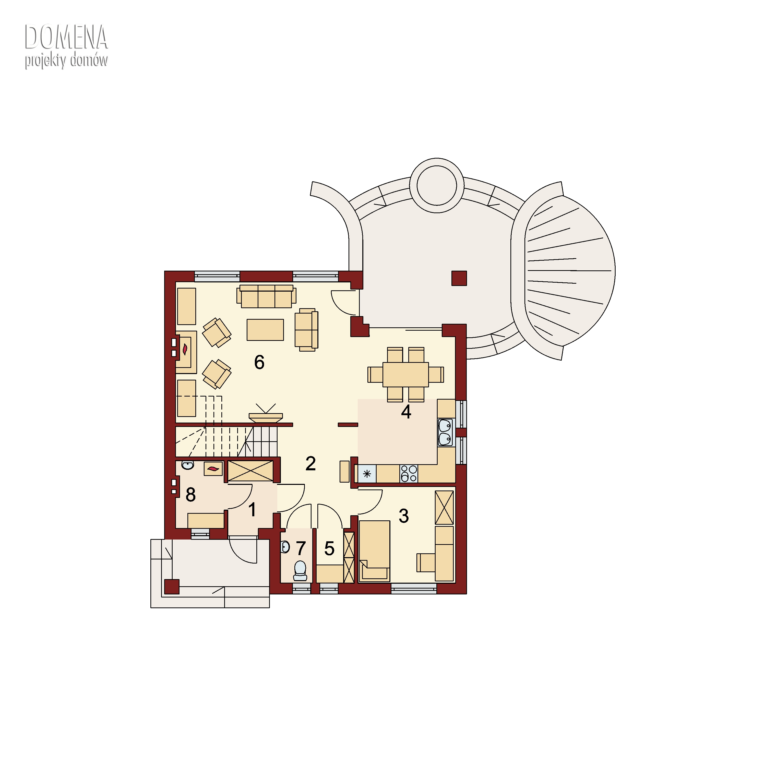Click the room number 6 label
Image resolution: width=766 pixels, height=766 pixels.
(259, 362)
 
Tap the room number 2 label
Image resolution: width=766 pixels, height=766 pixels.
(310, 463)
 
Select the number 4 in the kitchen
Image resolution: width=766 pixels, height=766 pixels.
(406, 412)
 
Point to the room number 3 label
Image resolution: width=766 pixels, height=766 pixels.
(404, 516)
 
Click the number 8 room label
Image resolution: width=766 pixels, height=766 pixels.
(191, 494)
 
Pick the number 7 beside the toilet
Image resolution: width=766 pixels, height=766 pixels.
(301, 548)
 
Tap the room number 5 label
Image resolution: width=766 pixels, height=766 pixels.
(329, 549)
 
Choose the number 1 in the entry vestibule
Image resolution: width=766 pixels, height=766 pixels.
(252, 510)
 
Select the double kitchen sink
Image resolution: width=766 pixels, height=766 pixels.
(445, 433)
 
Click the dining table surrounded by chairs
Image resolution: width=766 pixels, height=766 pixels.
(406, 374)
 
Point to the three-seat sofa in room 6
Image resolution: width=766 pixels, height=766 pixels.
(266, 296)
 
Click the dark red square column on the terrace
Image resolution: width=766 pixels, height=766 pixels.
(459, 278)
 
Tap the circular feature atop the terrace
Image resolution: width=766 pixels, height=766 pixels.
(437, 185)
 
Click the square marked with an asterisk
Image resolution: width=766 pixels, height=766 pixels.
(367, 473)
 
